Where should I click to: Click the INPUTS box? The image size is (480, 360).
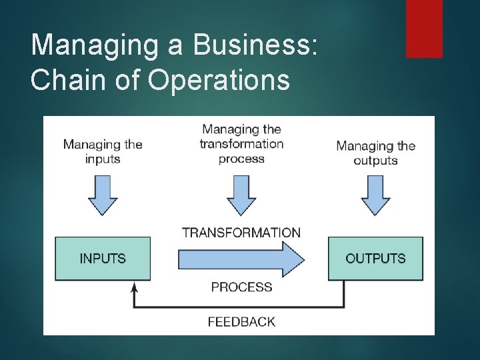tap(103, 258)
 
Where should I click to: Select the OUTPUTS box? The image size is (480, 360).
tap(375, 258)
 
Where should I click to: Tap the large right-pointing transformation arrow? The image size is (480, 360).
tap(241, 259)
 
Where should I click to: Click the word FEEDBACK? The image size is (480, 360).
tap(241, 321)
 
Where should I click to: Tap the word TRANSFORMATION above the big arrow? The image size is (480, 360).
tap(241, 233)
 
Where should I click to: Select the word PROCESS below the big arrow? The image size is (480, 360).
tap(241, 287)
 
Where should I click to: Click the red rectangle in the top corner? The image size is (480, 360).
tap(424, 28)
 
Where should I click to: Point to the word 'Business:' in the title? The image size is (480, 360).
tap(256, 45)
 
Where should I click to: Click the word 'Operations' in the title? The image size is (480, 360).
tap(219, 80)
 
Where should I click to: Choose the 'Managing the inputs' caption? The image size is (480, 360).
tap(103, 151)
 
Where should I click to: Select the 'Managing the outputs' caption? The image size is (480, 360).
tap(375, 153)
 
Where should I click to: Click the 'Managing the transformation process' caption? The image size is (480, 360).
tap(241, 143)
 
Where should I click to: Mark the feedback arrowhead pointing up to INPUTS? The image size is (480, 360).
tap(135, 287)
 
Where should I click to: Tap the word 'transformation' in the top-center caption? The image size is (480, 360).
tap(241, 144)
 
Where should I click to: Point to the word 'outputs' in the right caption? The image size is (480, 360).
tap(375, 161)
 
